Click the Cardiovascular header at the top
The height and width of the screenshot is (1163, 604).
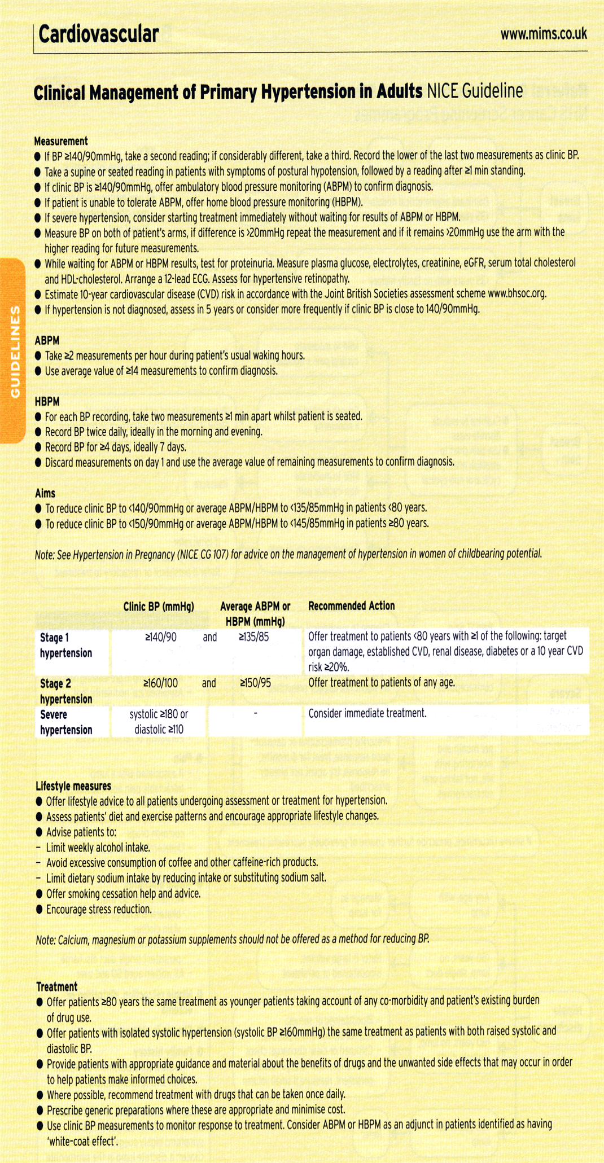(x=99, y=35)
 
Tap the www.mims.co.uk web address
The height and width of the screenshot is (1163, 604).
(x=543, y=34)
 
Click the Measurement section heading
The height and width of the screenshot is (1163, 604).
(x=61, y=141)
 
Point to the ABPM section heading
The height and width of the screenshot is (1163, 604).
(x=47, y=340)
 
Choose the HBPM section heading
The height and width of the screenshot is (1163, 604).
(x=47, y=402)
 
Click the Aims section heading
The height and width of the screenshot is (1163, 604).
(x=45, y=493)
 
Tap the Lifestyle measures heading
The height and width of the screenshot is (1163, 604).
(x=73, y=785)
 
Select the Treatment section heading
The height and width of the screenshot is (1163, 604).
(x=57, y=986)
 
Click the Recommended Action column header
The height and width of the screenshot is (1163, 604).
(x=351, y=606)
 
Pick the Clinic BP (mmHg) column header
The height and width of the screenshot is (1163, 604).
(x=159, y=607)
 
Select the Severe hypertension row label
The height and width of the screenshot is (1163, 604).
(x=65, y=722)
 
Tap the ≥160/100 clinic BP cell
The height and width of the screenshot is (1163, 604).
(x=161, y=683)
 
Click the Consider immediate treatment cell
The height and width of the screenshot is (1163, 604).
(x=367, y=713)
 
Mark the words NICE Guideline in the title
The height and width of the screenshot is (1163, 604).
(x=475, y=91)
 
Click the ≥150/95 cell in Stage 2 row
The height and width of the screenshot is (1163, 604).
(x=255, y=683)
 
